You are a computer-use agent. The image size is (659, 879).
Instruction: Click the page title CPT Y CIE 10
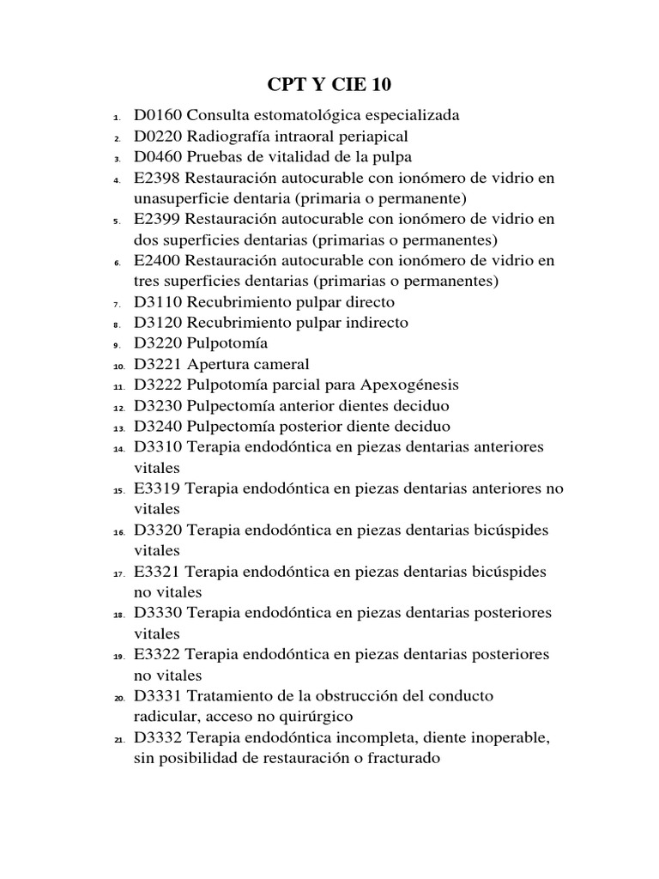329,85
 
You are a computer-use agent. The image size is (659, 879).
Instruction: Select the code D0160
158,115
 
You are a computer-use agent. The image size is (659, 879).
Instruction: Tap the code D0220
158,136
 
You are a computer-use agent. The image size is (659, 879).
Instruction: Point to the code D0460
158,157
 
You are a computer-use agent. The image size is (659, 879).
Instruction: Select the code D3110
158,301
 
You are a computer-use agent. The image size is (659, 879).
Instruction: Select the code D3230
158,405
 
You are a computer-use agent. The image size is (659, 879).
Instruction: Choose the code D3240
158,426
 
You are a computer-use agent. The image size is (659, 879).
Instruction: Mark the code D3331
158,695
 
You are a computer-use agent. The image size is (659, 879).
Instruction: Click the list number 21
119,738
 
